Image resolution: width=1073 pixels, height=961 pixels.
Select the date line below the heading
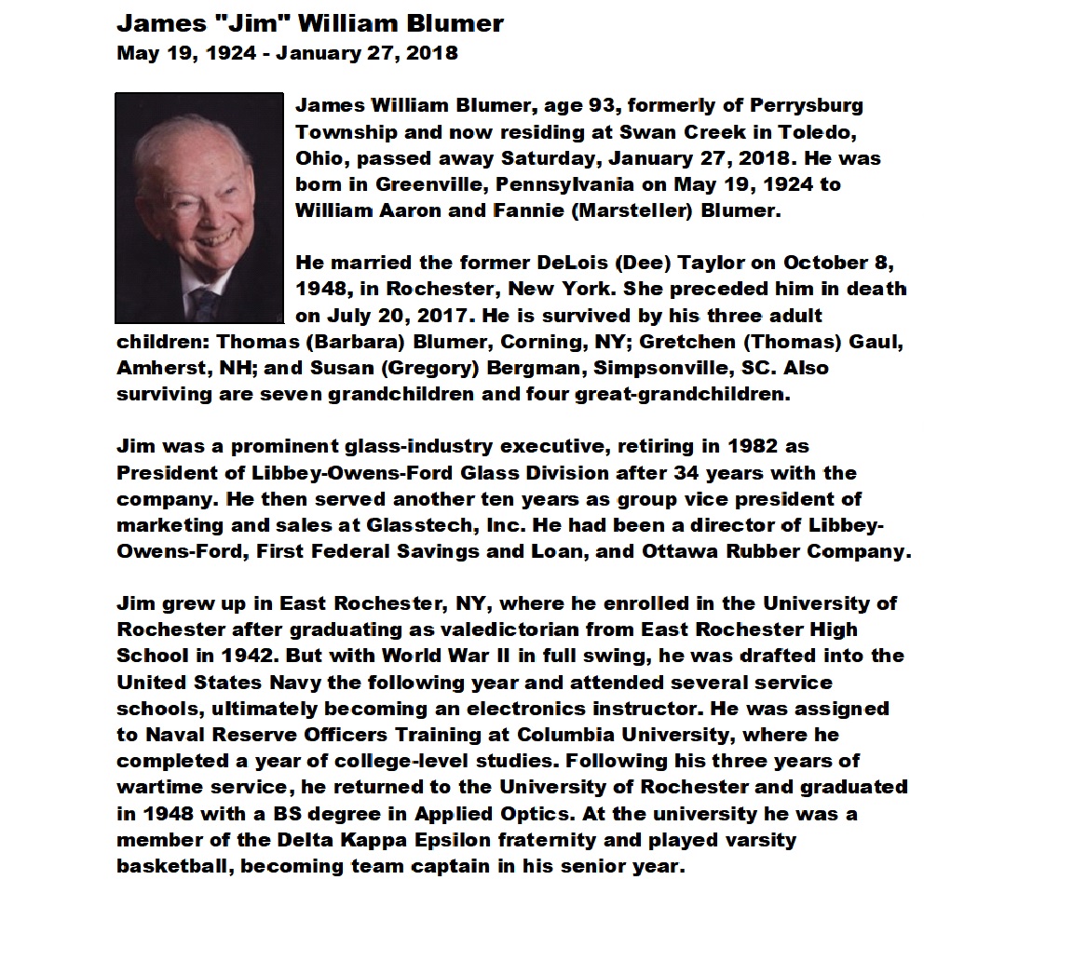click(287, 52)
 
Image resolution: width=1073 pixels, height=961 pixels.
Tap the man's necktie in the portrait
click(204, 303)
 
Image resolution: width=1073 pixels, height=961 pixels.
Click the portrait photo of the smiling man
click(198, 207)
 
